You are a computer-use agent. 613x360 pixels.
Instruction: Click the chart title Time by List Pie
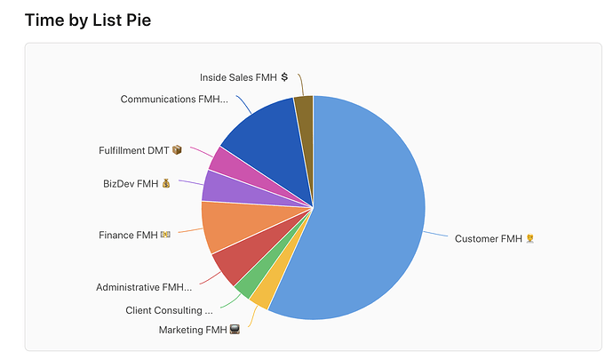[x=88, y=20]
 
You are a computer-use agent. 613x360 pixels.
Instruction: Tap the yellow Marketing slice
[x=259, y=297]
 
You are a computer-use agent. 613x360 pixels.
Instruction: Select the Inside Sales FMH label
[x=238, y=77]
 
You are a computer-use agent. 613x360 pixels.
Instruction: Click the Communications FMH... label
[x=174, y=99]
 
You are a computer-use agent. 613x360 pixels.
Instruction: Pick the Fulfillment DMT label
[x=134, y=150]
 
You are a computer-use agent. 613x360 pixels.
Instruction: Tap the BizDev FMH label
[x=131, y=184]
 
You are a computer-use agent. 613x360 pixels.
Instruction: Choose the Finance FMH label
[x=128, y=236]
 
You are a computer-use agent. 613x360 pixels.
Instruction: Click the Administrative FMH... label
[x=144, y=287]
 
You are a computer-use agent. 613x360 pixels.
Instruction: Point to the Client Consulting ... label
[x=169, y=310]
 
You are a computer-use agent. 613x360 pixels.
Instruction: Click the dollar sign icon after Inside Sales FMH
[x=284, y=77]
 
